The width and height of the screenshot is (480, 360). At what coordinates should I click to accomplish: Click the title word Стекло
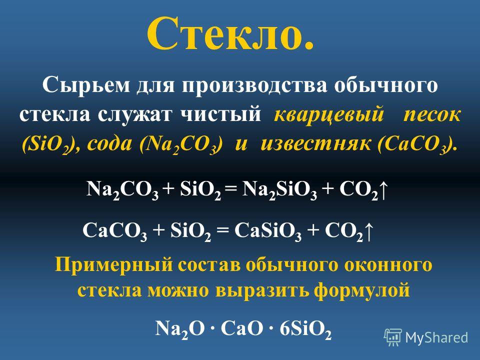click(231, 33)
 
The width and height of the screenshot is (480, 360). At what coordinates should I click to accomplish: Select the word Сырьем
click(86, 85)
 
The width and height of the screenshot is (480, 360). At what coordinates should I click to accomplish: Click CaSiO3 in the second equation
click(268, 231)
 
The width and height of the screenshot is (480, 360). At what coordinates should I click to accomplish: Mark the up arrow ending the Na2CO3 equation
click(384, 189)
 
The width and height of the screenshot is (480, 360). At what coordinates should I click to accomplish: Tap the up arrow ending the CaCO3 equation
click(369, 231)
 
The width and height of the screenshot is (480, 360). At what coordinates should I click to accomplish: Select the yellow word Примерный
click(113, 265)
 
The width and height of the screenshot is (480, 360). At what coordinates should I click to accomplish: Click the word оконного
click(388, 264)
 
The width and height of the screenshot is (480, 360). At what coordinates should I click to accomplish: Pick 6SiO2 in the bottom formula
click(305, 329)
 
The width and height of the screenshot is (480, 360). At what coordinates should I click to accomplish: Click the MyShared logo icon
click(393, 337)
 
